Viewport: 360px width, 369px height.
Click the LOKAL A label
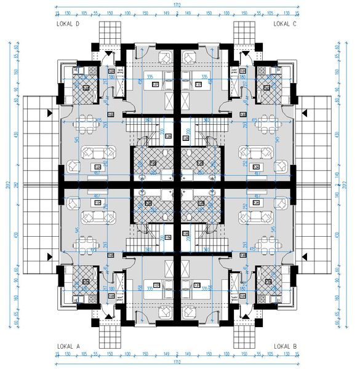pos(68,346)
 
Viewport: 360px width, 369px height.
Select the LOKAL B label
pos(286,346)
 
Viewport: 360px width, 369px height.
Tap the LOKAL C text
pos(286,23)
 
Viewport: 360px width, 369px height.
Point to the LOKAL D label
pos(68,23)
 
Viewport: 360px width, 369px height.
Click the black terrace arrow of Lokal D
pos(47,113)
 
